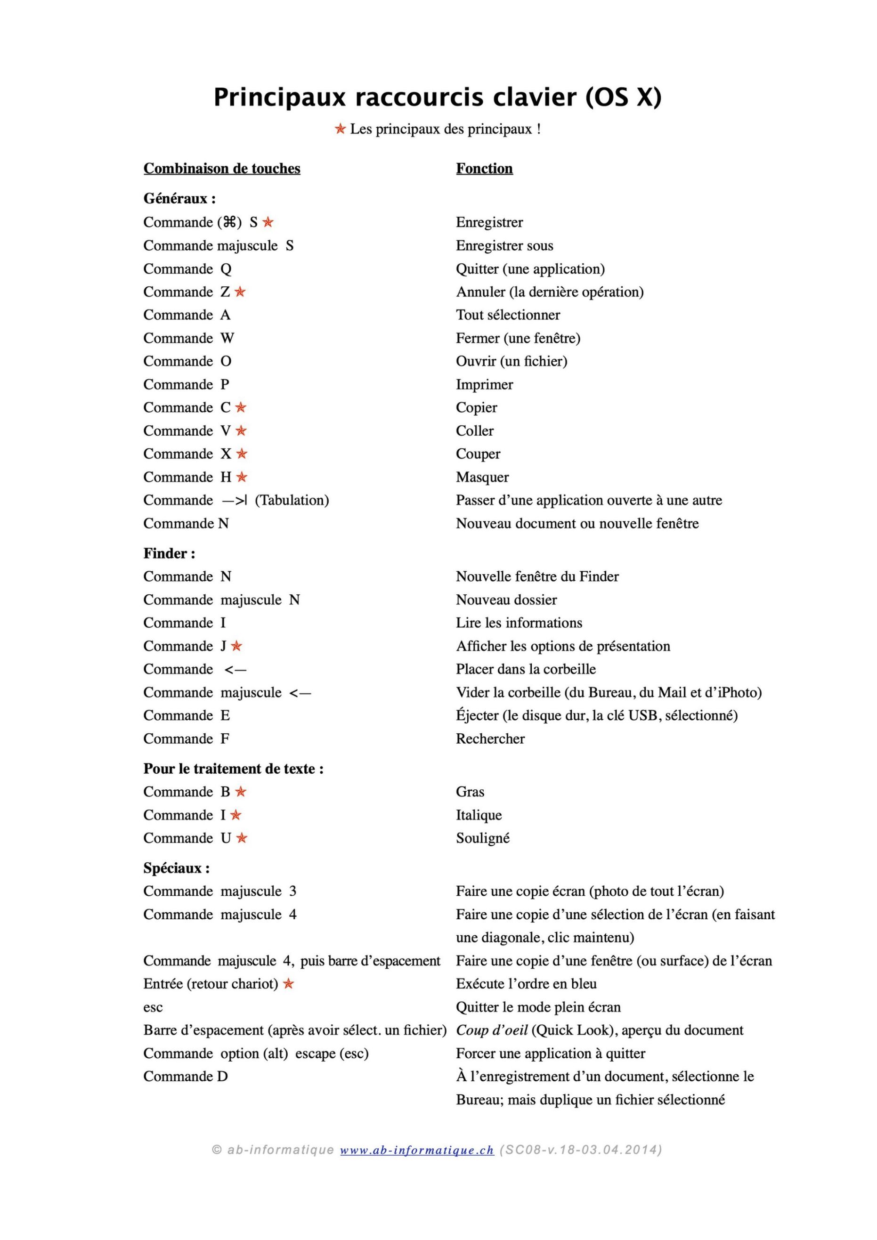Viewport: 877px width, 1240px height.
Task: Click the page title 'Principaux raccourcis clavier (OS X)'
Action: click(438, 98)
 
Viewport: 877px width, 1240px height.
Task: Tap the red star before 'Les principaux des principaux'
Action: click(340, 129)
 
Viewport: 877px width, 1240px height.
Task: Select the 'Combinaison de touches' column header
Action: click(221, 169)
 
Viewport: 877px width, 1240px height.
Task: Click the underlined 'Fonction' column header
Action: click(484, 169)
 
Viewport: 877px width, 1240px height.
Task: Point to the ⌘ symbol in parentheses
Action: click(229, 222)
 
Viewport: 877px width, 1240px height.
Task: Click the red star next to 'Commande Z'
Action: click(240, 292)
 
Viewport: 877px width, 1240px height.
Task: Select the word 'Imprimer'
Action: click(484, 385)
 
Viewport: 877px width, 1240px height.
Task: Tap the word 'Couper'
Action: click(478, 454)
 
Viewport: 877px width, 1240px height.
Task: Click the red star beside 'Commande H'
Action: click(242, 477)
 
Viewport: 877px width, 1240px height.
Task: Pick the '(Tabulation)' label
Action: click(292, 500)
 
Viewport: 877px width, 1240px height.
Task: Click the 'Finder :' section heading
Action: click(169, 553)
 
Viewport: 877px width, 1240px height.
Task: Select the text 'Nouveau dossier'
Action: click(506, 600)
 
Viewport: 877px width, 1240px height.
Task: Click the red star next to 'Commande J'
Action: click(236, 646)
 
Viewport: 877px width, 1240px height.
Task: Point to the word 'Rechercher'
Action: click(490, 738)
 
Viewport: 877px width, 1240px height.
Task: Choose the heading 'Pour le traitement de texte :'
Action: click(233, 769)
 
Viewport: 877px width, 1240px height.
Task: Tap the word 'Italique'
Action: click(479, 815)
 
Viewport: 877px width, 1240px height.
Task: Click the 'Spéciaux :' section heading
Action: click(177, 868)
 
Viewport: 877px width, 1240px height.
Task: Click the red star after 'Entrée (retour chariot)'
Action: click(288, 983)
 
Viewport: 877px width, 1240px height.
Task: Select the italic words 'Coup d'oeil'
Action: click(491, 1030)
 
